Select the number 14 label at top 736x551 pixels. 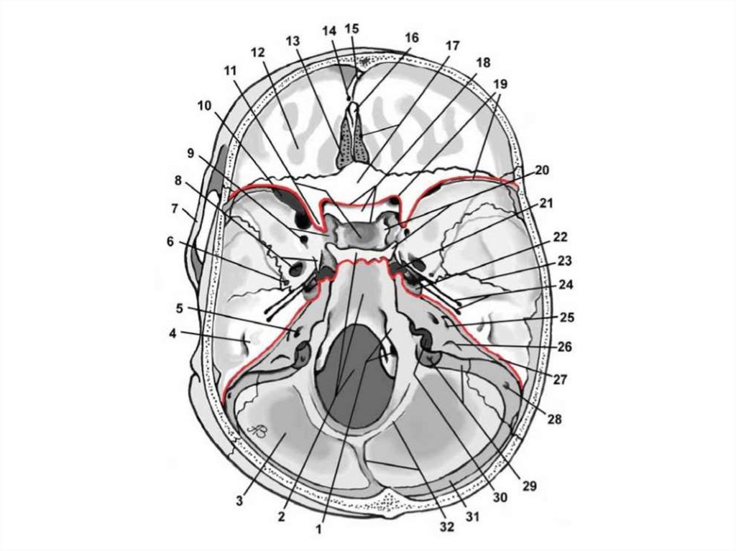click(x=329, y=31)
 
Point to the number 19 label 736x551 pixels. click(x=500, y=83)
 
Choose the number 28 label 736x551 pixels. click(x=552, y=419)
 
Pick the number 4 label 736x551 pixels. click(x=174, y=333)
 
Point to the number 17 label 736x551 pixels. click(x=451, y=45)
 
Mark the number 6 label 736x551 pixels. click(x=170, y=242)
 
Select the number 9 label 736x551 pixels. click(x=190, y=153)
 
